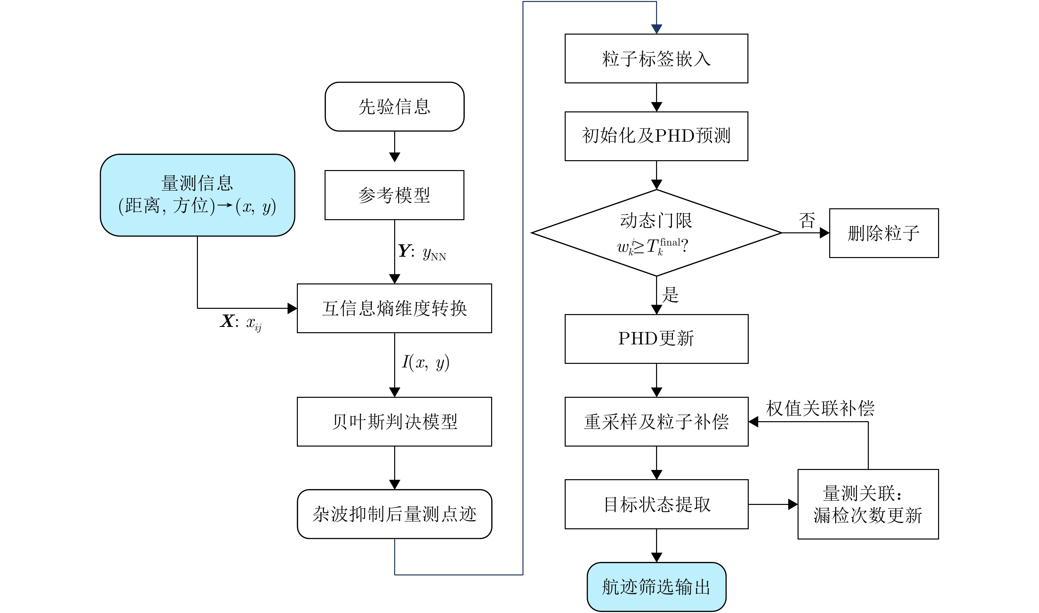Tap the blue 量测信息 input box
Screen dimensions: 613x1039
coord(197,195)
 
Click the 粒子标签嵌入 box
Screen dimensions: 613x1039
coord(656,58)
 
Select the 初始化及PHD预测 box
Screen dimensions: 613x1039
coord(656,136)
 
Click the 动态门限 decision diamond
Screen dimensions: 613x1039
coord(656,233)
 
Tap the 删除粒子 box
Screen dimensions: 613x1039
coord(884,233)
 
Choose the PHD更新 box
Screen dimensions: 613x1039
coord(656,339)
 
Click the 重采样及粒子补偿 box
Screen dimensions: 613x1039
coord(656,422)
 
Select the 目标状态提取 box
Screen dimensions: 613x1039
coord(656,504)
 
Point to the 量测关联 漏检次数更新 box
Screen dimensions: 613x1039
coord(868,504)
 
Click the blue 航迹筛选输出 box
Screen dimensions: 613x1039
coord(656,587)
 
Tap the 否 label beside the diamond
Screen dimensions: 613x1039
coord(807,220)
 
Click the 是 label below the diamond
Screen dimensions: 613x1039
coord(670,295)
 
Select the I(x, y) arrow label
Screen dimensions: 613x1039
coord(426,362)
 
